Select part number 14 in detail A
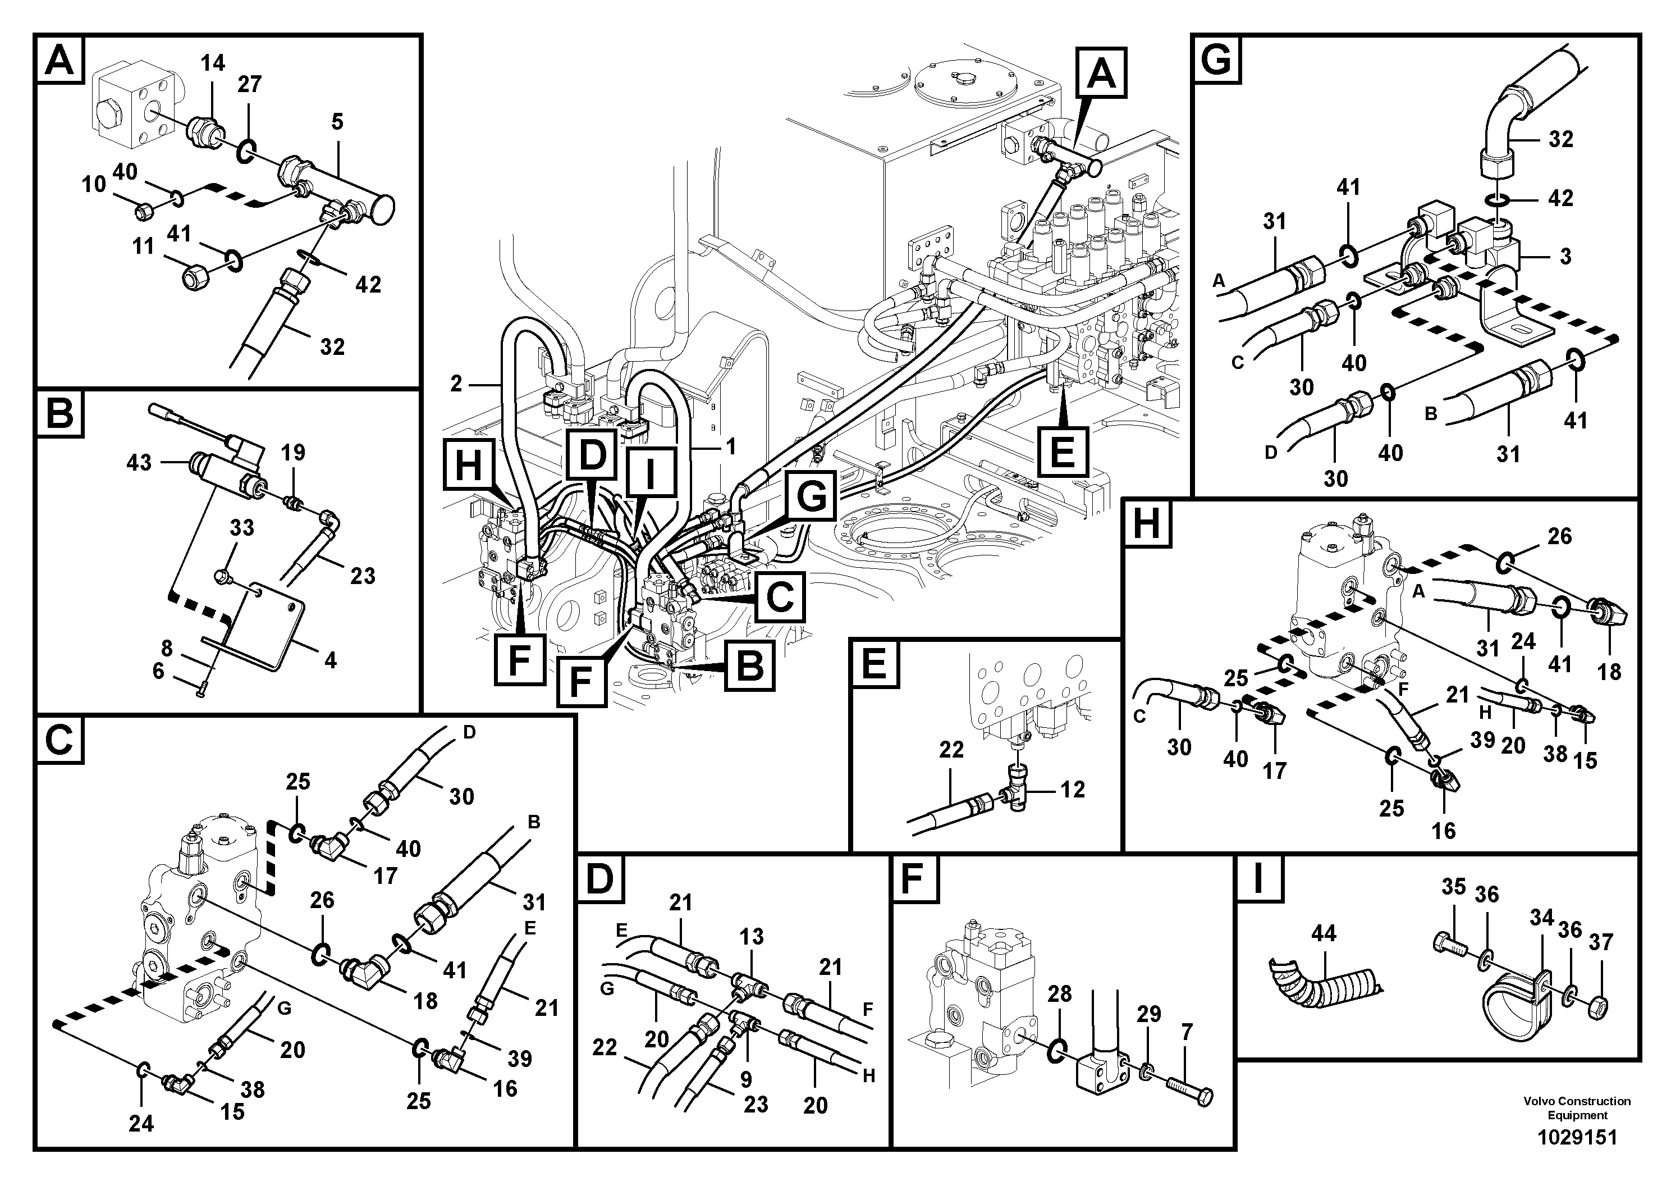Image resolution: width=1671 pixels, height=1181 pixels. tap(213, 63)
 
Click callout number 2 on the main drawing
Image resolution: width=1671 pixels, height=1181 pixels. tap(456, 384)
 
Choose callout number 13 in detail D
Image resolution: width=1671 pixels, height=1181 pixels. tap(751, 936)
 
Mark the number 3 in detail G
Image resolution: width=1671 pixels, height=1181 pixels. tap(1565, 256)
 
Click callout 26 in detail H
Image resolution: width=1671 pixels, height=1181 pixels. tap(1559, 537)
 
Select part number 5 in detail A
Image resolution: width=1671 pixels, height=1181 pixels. tap(336, 122)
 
